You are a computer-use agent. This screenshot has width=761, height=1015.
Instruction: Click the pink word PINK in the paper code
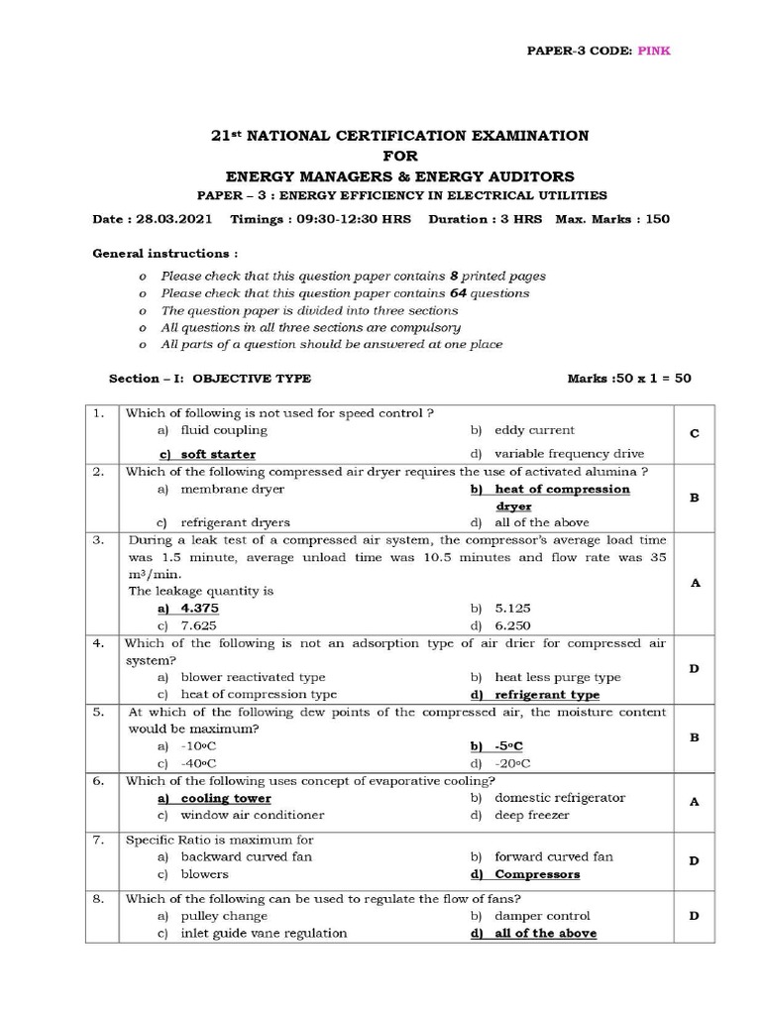(654, 51)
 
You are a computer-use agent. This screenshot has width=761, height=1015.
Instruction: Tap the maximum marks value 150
(657, 219)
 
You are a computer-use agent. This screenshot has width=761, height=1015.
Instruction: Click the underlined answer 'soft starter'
(217, 454)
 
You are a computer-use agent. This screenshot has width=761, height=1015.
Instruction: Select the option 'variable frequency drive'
(569, 453)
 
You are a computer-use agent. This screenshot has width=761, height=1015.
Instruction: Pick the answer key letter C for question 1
(695, 434)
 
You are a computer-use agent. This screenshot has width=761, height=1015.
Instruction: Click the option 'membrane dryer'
(232, 489)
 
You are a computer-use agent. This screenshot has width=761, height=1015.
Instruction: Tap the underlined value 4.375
(199, 608)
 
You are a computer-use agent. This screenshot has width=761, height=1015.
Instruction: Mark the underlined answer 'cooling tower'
(225, 798)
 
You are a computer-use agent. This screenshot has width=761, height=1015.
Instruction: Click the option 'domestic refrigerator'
(560, 797)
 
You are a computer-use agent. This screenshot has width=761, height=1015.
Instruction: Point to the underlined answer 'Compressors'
(537, 874)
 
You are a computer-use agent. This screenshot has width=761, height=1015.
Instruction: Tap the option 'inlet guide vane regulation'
(264, 933)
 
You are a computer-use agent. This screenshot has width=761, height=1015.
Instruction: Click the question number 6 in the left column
(99, 781)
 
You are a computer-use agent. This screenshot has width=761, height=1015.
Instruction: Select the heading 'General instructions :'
(164, 253)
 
